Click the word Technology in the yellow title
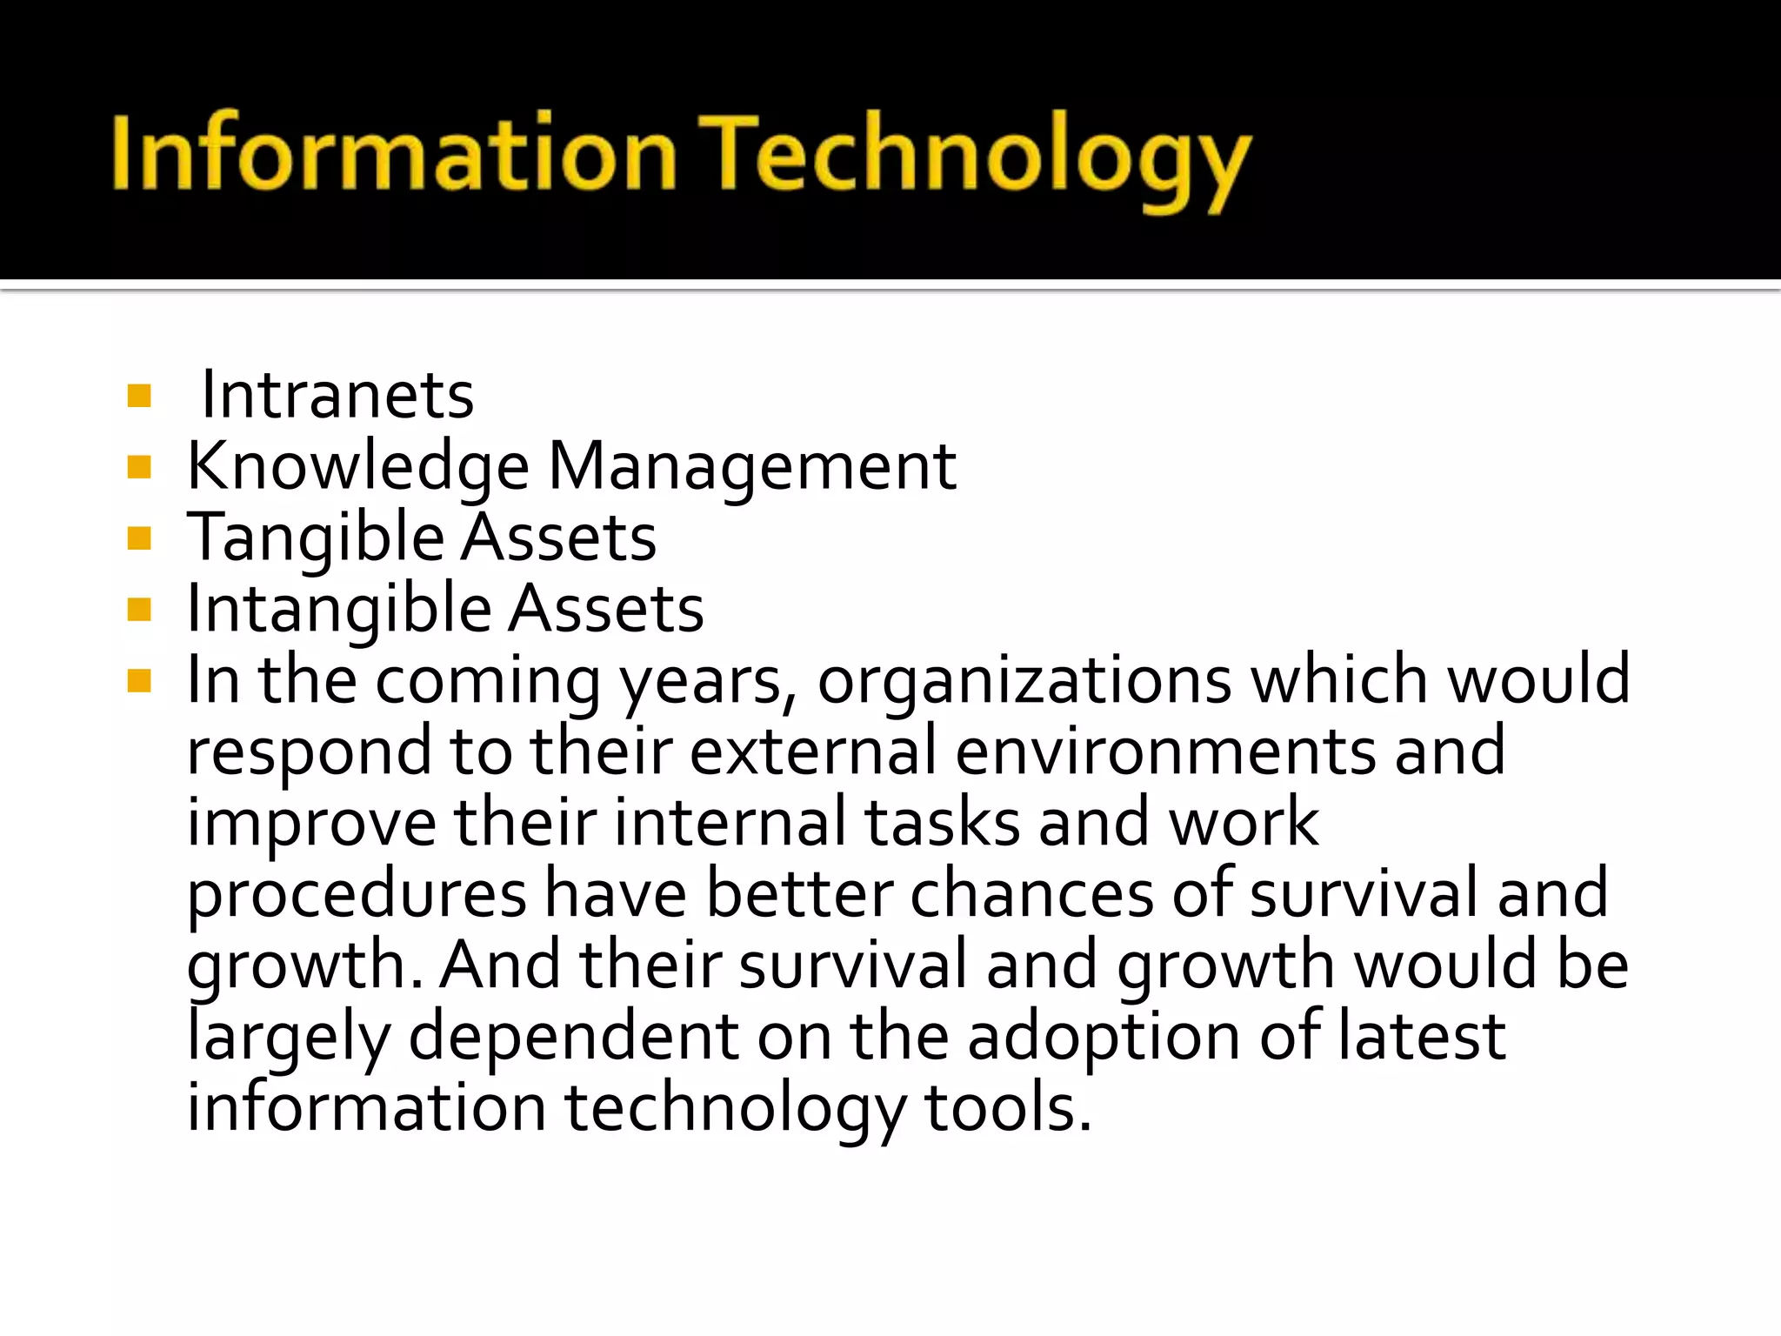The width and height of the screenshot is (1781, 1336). point(974,157)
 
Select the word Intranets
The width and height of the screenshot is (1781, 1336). point(337,396)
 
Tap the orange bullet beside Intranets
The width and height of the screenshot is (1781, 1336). point(139,397)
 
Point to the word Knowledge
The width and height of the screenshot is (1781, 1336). point(358,467)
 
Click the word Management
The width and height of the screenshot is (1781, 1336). point(752,467)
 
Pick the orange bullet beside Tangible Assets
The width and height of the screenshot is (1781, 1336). point(139,539)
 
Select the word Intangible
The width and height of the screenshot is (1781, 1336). point(339,610)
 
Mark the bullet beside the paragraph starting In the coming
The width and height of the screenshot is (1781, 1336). point(139,681)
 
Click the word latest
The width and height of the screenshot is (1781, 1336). point(1421,1036)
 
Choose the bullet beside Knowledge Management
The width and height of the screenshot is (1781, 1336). point(139,468)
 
